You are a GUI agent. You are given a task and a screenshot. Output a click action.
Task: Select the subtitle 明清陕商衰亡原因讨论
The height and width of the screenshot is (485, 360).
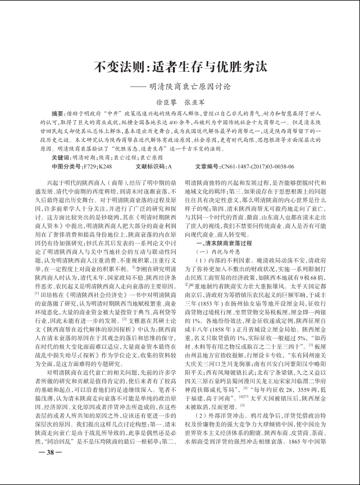click(188, 87)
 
